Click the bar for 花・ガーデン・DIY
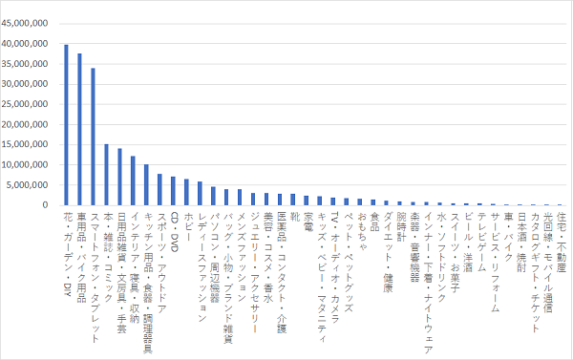tap(66, 124)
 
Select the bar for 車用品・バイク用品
tap(79, 129)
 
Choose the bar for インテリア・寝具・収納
tap(133, 180)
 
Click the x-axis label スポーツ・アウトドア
tap(160, 254)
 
